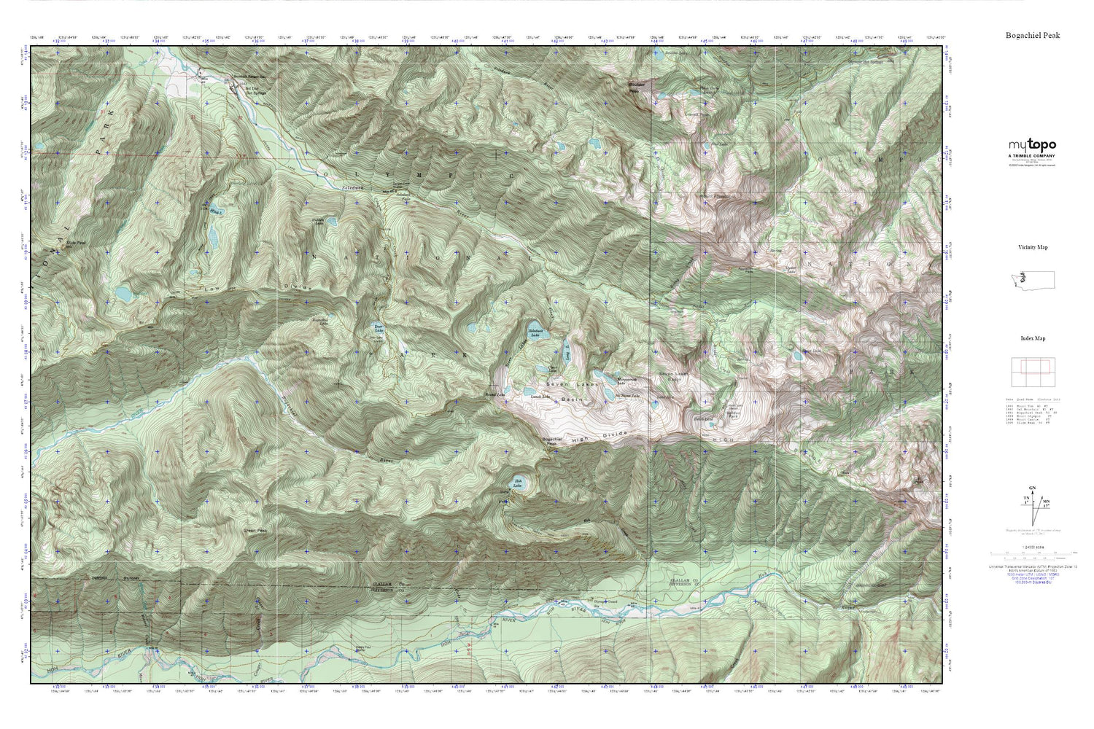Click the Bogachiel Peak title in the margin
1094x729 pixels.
(x=1032, y=35)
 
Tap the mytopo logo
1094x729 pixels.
(x=1032, y=146)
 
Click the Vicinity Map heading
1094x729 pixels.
(x=1032, y=248)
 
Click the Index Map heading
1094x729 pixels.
(x=1032, y=338)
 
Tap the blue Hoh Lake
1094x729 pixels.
(x=519, y=482)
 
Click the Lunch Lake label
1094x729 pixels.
(x=540, y=397)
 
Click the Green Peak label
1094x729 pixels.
(x=254, y=531)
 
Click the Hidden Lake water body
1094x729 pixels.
(x=330, y=221)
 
